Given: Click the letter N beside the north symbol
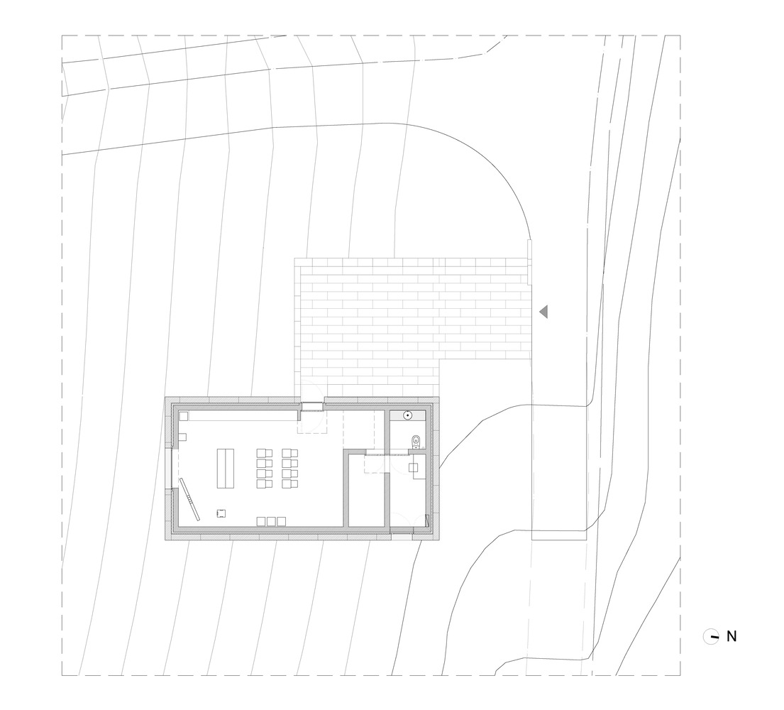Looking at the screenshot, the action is (731, 636).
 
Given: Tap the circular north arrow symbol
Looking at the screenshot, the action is (710, 636).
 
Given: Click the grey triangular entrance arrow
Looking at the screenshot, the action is (543, 312).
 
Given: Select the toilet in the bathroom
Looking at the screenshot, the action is (416, 441).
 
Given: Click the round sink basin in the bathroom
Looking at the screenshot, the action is (408, 415).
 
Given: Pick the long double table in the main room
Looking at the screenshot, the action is (226, 469).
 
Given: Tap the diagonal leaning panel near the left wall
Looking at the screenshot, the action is (190, 499).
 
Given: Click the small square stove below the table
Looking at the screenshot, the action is (221, 513).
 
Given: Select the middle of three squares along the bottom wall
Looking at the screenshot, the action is (271, 521).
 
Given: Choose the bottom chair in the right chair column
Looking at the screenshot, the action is (289, 484).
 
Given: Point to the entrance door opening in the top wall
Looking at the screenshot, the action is (312, 405).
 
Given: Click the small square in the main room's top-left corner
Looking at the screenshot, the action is (184, 416).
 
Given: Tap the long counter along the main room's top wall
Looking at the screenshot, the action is (238, 416).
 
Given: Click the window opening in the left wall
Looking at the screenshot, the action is (172, 469).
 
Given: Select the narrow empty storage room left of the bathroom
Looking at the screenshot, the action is (365, 490).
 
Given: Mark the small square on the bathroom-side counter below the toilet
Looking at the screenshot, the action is (414, 467).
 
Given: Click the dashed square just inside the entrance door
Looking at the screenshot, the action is (312, 422).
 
